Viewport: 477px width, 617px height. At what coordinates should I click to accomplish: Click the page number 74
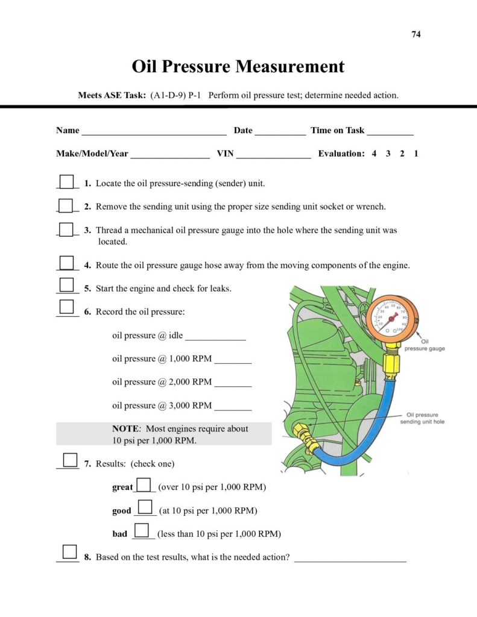tap(416, 34)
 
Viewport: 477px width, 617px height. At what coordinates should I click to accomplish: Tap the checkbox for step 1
tap(66, 181)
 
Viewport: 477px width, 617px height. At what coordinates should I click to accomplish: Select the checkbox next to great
tap(144, 484)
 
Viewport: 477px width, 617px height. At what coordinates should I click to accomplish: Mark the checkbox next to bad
tap(141, 530)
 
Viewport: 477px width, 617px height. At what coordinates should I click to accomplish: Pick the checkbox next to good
tap(145, 507)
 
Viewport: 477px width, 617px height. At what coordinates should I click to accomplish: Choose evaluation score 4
tap(374, 154)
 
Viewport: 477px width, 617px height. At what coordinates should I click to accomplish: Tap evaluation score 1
tap(416, 154)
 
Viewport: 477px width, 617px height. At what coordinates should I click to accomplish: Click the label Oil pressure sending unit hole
tap(422, 418)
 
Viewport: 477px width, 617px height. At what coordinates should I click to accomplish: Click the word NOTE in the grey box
tap(125, 429)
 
